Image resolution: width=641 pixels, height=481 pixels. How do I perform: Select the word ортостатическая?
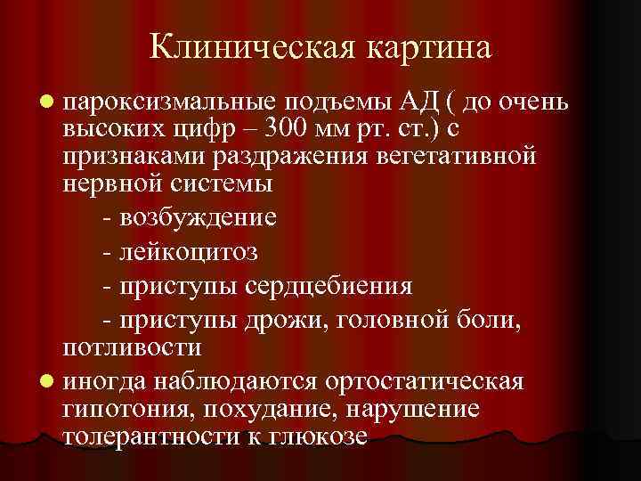point(425,381)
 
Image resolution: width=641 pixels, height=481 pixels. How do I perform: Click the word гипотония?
point(126,410)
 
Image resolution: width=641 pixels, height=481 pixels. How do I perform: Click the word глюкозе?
point(317,438)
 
